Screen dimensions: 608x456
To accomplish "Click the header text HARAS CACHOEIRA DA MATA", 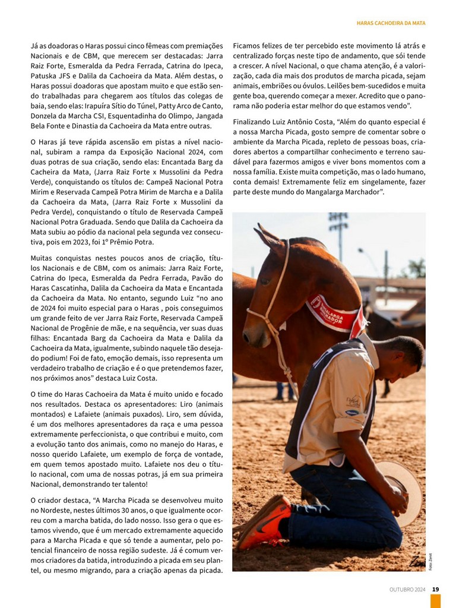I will click(391, 23).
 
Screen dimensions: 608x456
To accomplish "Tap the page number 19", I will click(435, 589).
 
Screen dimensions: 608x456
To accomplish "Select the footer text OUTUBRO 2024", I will click(407, 589).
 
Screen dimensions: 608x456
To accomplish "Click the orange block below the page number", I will click(435, 601).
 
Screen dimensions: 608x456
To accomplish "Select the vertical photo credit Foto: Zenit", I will click(430, 560).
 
